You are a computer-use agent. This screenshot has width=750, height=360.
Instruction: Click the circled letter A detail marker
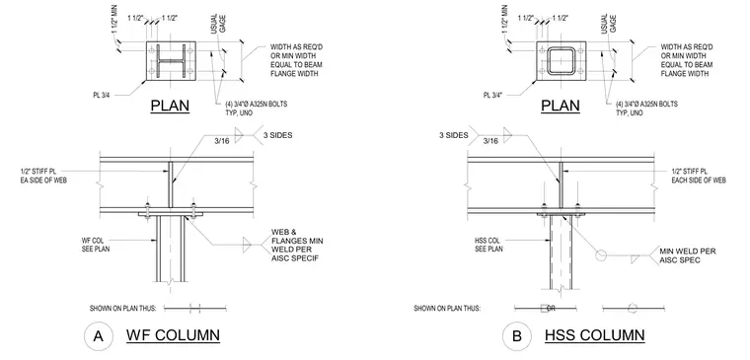[x=98, y=336]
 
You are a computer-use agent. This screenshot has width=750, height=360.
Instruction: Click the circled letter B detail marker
[x=516, y=336]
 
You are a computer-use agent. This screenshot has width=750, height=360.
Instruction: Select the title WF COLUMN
[x=173, y=335]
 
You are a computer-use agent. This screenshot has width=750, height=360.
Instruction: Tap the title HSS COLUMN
[x=594, y=335]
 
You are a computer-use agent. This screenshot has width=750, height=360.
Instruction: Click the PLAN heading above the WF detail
[x=171, y=106]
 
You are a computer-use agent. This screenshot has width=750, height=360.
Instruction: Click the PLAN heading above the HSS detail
[x=561, y=106]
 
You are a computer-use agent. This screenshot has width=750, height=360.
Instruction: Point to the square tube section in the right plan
[x=562, y=61]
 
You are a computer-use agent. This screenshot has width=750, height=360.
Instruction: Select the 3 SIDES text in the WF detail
[x=278, y=135]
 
